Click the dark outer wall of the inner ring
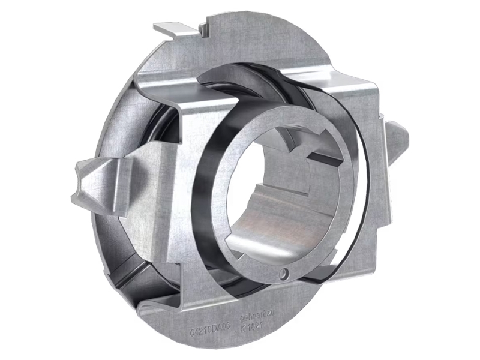(x=207, y=198)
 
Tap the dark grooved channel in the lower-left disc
(x=135, y=264)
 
